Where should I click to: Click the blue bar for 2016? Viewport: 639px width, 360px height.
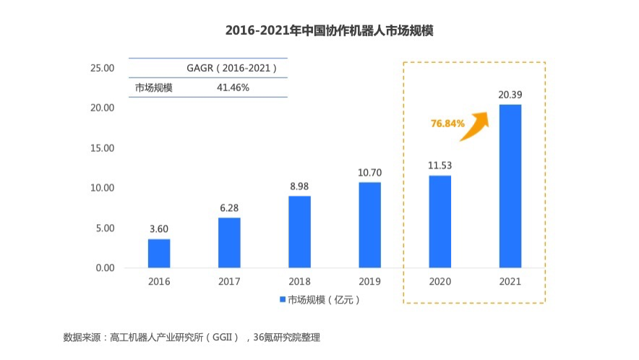pos(159,253)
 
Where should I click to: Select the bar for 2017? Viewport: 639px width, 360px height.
pos(229,242)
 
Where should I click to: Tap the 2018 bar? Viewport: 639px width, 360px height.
pos(299,231)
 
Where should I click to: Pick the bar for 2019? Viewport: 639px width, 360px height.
pos(369,225)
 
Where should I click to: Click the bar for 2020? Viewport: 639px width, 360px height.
pos(439,221)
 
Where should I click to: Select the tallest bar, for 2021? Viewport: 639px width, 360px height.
pos(510,186)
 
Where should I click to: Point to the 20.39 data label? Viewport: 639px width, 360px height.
pos(510,94)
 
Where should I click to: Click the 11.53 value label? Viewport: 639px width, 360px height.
pos(439,165)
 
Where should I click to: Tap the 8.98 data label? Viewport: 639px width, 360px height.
pos(299,185)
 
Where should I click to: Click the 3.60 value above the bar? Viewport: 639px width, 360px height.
pos(159,228)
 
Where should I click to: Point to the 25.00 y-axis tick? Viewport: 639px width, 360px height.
pos(101,68)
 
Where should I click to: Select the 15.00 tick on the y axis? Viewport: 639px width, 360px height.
pos(101,148)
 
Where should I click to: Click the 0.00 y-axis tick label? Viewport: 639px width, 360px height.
pos(104,268)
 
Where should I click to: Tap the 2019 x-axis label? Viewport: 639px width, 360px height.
pos(369,282)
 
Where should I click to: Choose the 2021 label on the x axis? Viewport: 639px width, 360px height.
pos(510,282)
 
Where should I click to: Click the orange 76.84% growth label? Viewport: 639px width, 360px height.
pos(447,124)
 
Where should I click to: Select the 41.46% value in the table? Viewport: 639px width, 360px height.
pos(233,87)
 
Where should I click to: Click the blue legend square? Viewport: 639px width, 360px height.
pos(281,299)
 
